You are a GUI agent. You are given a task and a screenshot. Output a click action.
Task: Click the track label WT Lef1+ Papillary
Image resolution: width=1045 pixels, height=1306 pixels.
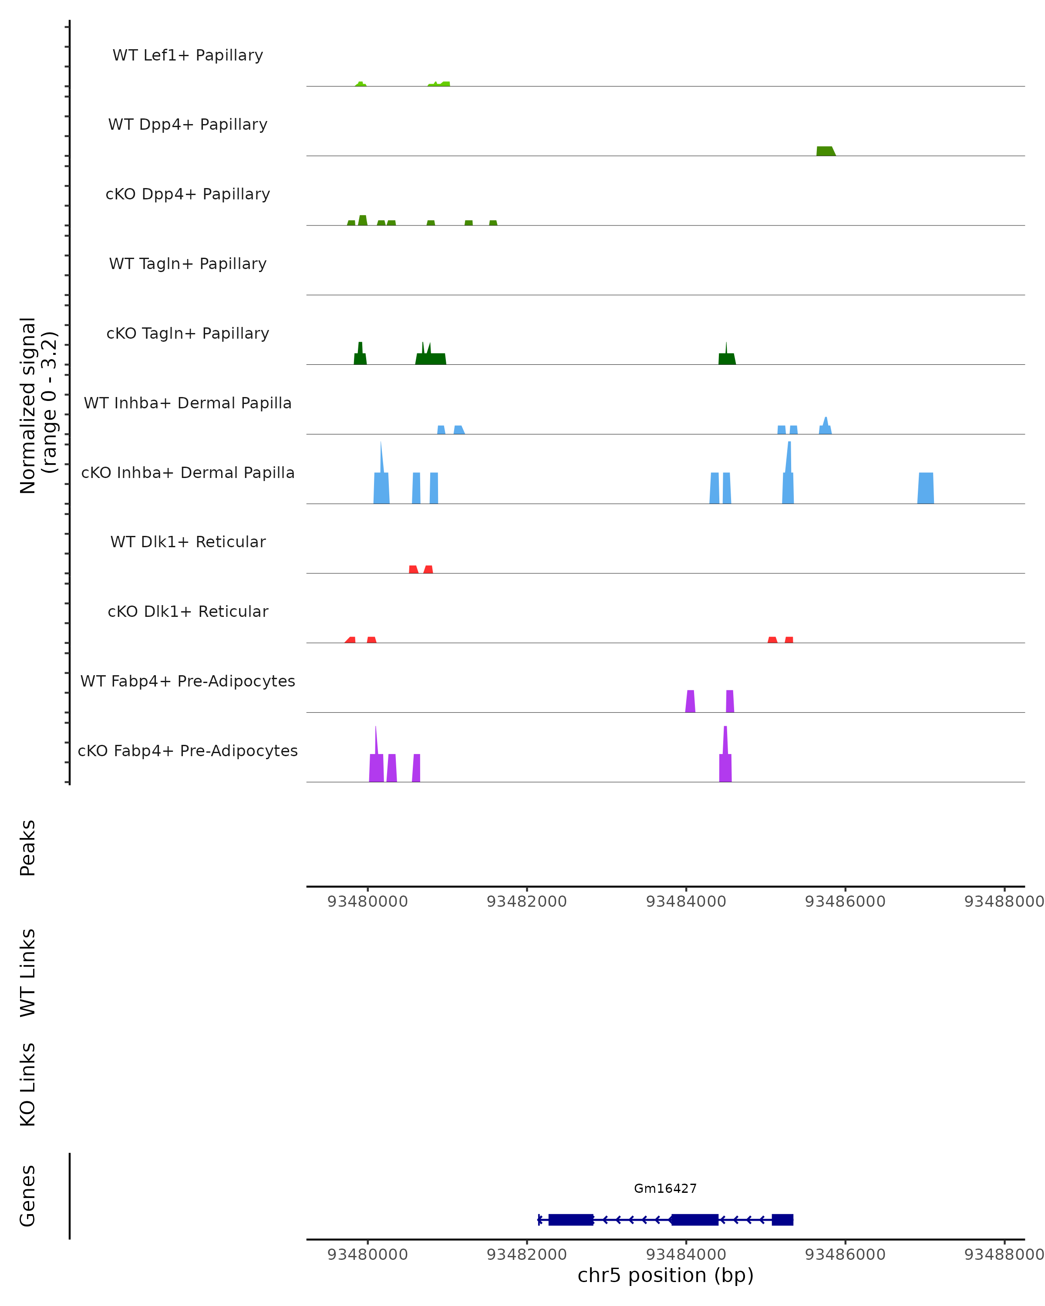(188, 55)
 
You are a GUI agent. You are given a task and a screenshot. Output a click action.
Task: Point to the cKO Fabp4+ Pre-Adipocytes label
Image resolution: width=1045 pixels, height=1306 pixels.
(188, 751)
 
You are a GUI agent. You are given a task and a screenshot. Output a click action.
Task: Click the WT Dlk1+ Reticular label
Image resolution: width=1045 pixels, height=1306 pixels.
(188, 542)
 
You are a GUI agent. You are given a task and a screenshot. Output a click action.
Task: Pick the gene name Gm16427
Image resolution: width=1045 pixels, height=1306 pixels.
(665, 1188)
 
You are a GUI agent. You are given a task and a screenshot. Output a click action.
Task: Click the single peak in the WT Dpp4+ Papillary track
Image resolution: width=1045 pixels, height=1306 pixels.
(825, 151)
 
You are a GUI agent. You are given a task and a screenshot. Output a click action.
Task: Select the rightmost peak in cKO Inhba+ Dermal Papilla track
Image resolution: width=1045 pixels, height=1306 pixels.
(925, 488)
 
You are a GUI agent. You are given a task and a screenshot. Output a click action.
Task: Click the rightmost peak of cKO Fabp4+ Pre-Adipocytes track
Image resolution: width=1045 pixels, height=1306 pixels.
(725, 766)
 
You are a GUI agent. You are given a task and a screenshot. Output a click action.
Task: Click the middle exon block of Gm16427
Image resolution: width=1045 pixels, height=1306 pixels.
(695, 1219)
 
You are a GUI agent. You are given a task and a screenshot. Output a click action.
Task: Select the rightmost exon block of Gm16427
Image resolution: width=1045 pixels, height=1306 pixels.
(782, 1219)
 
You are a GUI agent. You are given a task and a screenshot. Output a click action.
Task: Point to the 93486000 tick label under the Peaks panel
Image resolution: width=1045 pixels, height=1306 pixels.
(845, 902)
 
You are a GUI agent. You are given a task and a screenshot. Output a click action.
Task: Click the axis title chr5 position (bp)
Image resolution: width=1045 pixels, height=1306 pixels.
(665, 1275)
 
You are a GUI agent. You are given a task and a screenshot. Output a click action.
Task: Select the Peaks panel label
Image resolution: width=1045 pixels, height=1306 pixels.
(28, 848)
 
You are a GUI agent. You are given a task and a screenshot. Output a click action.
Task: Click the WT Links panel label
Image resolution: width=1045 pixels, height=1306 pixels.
(28, 972)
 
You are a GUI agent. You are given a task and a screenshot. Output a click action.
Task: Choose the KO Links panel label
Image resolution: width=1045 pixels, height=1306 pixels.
(28, 1084)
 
